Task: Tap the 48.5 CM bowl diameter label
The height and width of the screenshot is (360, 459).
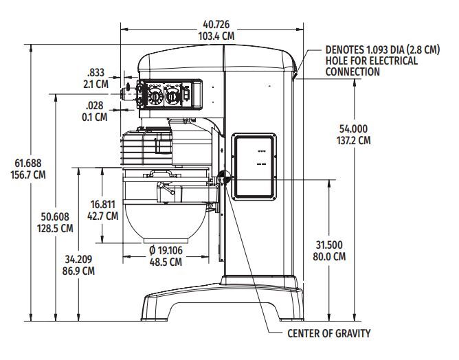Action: pyautogui.click(x=166, y=262)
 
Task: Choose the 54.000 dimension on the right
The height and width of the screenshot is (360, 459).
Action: pyautogui.click(x=354, y=128)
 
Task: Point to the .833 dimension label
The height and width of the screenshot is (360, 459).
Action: pyautogui.click(x=96, y=73)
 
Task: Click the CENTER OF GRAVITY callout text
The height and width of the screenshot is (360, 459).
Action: pyautogui.click(x=329, y=334)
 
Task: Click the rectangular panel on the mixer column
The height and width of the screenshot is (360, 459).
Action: pyautogui.click(x=255, y=164)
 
